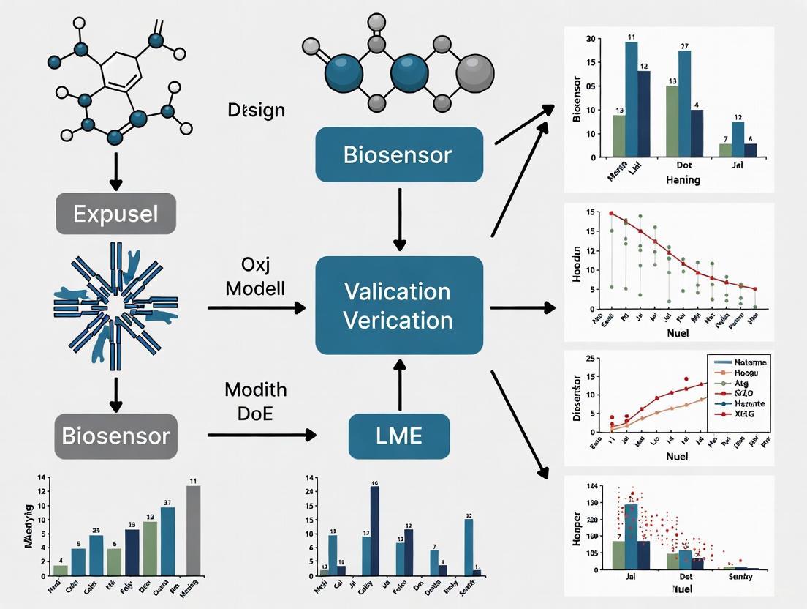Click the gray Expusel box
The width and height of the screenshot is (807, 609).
115,214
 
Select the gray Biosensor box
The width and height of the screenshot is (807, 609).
115,436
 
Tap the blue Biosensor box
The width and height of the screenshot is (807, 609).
398,154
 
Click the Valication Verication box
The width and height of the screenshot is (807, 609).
398,305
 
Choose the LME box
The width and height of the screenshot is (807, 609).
398,436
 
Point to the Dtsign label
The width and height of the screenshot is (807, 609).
256,111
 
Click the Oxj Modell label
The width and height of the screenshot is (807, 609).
255,276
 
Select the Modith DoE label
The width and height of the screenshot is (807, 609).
255,401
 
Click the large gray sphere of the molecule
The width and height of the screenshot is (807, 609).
475,74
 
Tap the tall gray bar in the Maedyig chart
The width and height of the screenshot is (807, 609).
193,530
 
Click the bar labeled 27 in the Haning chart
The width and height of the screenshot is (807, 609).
684,102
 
